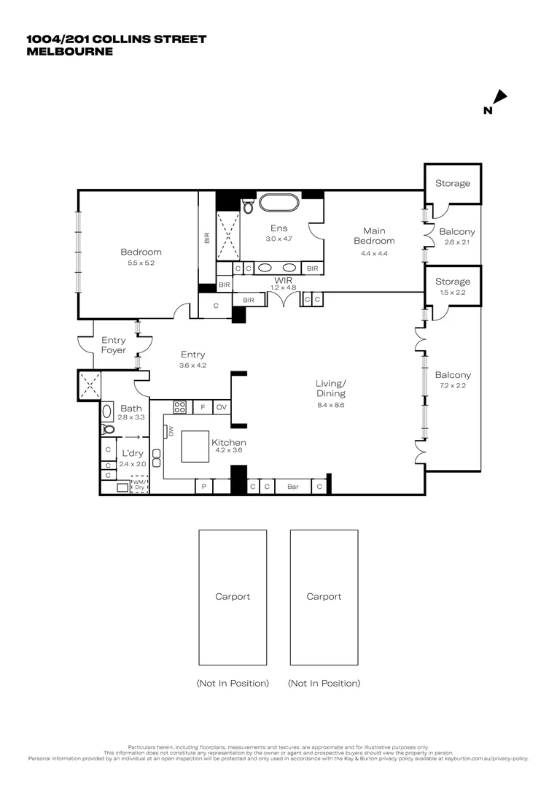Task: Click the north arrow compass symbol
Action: coord(499,98)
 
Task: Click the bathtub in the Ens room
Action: coord(275,202)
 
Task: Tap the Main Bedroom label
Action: coord(374,236)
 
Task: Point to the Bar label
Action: coord(293,486)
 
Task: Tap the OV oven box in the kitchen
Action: coord(222,407)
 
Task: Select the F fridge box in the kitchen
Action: coord(202,407)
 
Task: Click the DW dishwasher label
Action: coord(171,432)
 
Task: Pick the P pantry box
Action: coord(203,487)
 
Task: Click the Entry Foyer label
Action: coord(113,345)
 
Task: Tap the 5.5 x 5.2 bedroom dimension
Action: coord(141,263)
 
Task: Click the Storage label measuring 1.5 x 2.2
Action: coord(453,282)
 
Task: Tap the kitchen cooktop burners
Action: coord(179,407)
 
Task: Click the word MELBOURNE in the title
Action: coord(69,51)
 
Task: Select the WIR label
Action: coord(284,279)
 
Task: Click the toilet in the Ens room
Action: coord(249,207)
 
